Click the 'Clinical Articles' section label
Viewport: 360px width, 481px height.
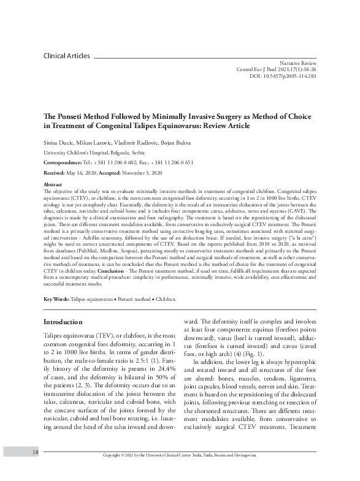66,56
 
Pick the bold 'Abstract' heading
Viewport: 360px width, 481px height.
53,184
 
